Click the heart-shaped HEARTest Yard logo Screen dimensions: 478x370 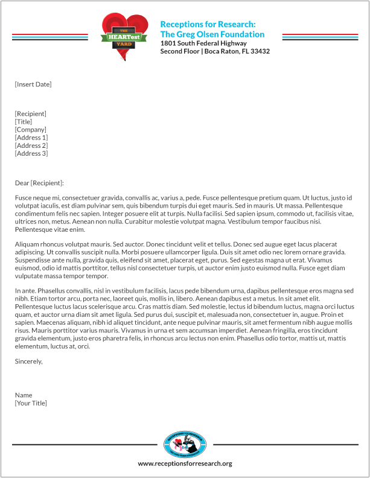124,36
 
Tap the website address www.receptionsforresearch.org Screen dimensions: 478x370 185,464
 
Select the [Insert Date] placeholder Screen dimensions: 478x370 33,84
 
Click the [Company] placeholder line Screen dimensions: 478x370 30,130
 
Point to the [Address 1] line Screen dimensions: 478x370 31,138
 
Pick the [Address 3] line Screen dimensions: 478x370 31,153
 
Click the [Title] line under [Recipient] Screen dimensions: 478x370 24,122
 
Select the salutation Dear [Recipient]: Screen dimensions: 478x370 39,183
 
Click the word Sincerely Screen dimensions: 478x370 28,362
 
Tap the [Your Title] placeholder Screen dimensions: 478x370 31,403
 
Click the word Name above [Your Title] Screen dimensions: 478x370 24,395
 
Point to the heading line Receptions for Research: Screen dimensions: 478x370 208,24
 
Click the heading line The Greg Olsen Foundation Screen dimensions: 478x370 212,34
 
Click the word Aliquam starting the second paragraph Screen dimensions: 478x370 27,244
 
